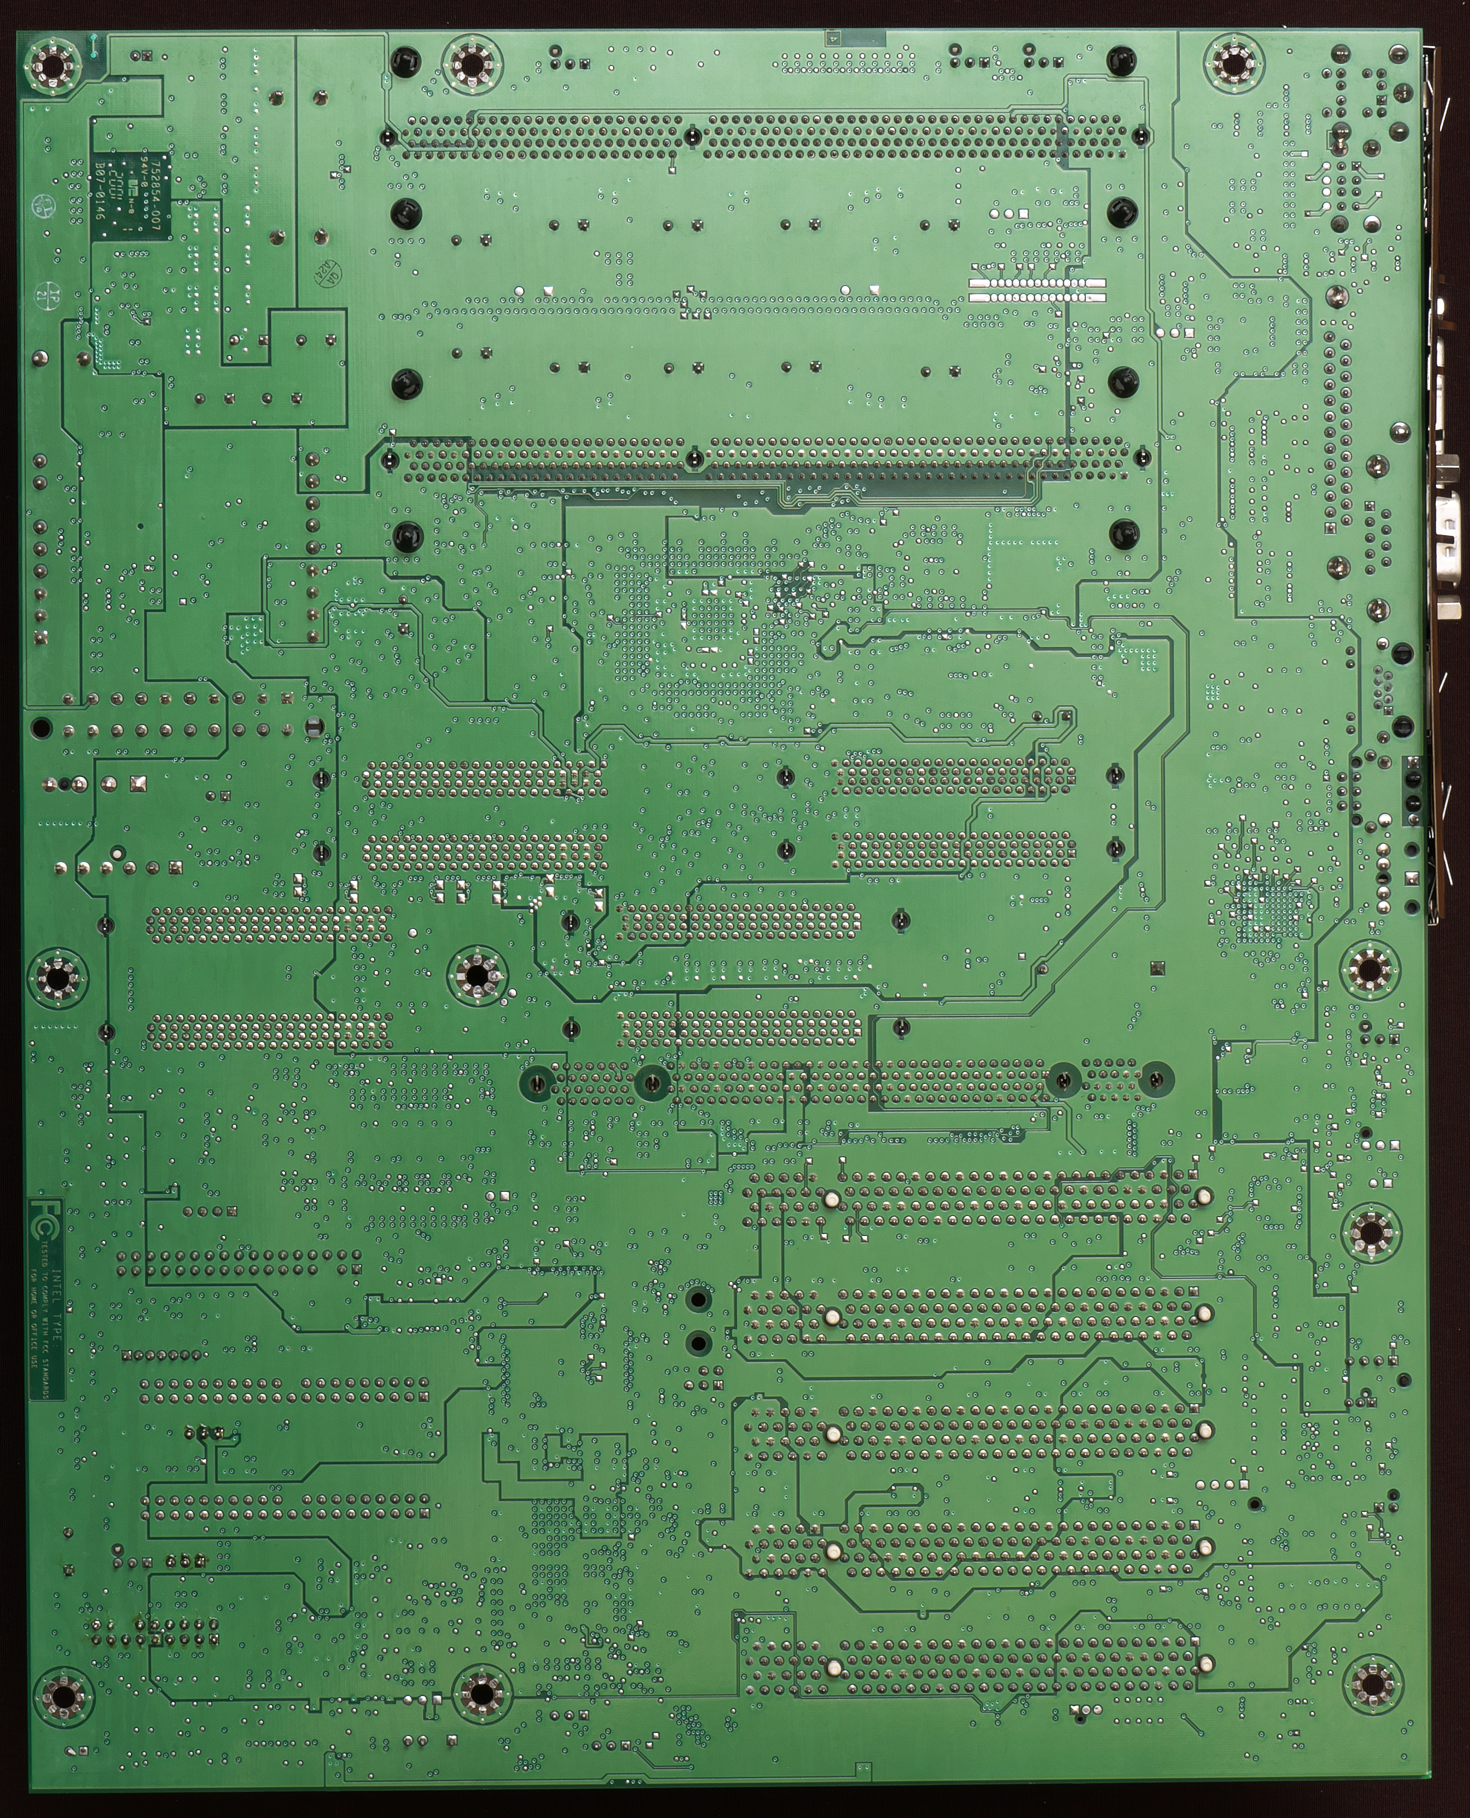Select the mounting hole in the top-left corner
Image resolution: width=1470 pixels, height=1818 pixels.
coord(53,63)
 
